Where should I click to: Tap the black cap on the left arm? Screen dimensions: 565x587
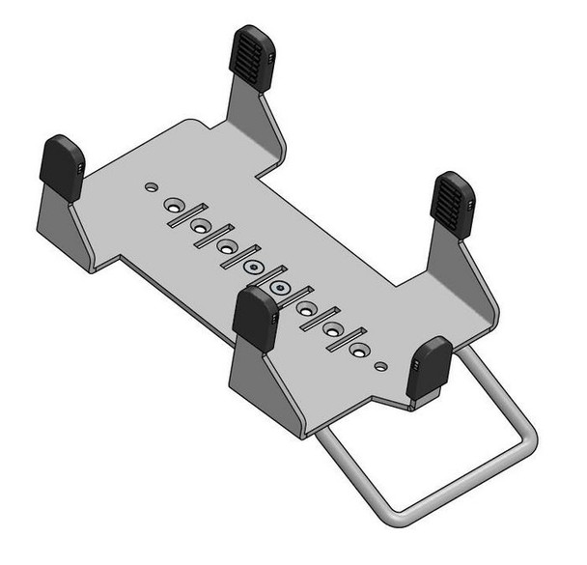coord(62,167)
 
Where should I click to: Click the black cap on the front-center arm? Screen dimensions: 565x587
coord(256,320)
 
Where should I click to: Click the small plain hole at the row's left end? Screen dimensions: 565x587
coord(149,184)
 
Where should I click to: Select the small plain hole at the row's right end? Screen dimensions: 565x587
coord(384,366)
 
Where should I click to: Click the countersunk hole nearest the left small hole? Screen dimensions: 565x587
coord(175,206)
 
